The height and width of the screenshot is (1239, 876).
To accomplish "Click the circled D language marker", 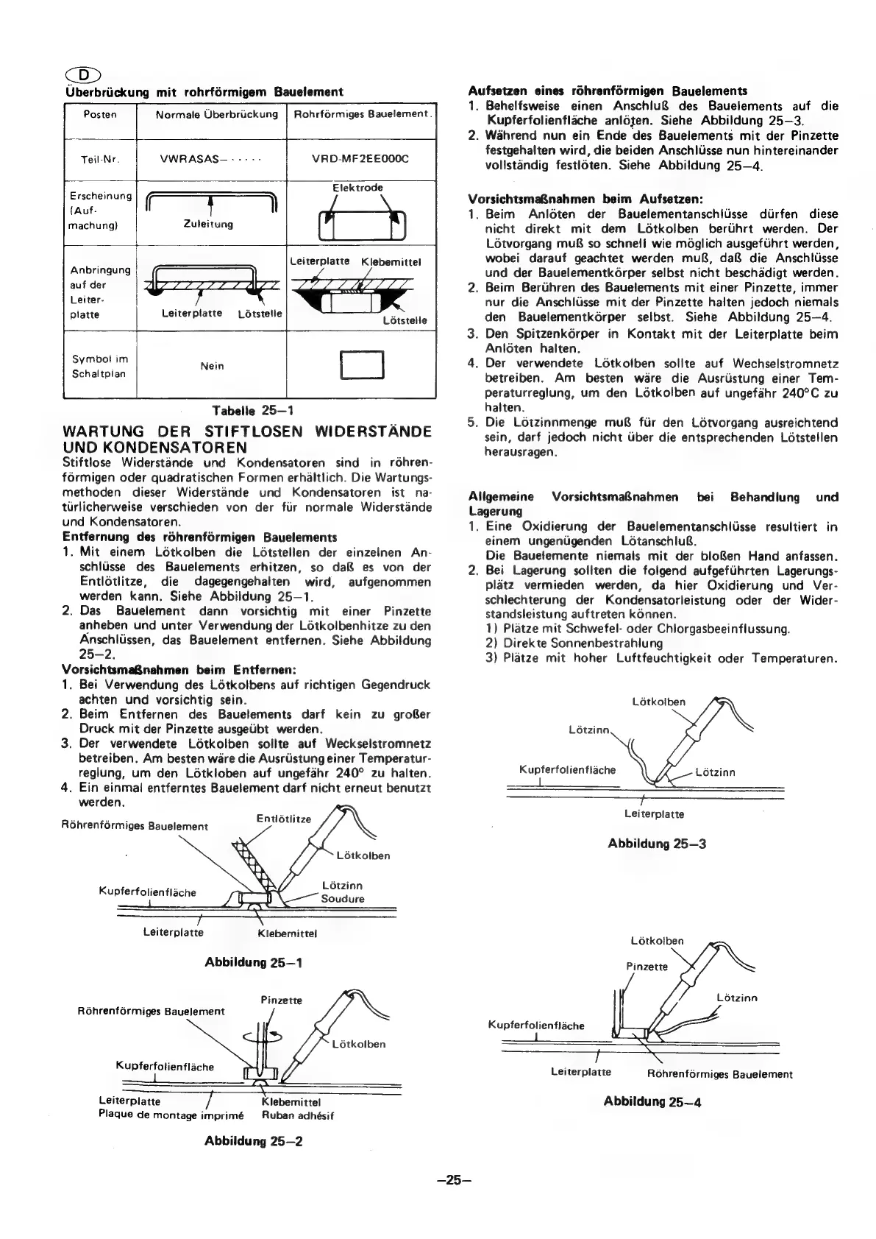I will [85, 76].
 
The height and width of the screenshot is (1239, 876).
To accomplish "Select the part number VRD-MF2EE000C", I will [361, 159].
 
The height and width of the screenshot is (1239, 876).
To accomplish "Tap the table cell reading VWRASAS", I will [211, 159].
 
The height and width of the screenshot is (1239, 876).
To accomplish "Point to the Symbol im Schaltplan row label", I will [100, 366].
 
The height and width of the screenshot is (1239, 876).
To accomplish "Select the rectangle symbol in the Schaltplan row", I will [360, 366].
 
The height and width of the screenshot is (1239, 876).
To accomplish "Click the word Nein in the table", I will [212, 366].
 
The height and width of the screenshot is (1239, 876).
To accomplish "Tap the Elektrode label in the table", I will [357, 188].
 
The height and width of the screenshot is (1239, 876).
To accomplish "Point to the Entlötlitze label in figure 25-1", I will [284, 819].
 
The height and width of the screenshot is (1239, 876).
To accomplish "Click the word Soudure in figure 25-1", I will [343, 899].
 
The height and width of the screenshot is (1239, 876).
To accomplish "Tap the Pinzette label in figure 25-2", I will [282, 1000].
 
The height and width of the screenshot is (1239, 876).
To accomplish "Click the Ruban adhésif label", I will [298, 1115].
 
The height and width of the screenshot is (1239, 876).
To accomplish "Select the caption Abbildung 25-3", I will [657, 844].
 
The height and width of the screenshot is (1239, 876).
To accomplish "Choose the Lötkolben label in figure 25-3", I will [658, 702].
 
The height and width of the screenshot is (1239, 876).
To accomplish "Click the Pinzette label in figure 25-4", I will [647, 967].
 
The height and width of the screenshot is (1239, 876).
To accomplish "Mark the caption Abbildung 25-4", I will [652, 1102].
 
